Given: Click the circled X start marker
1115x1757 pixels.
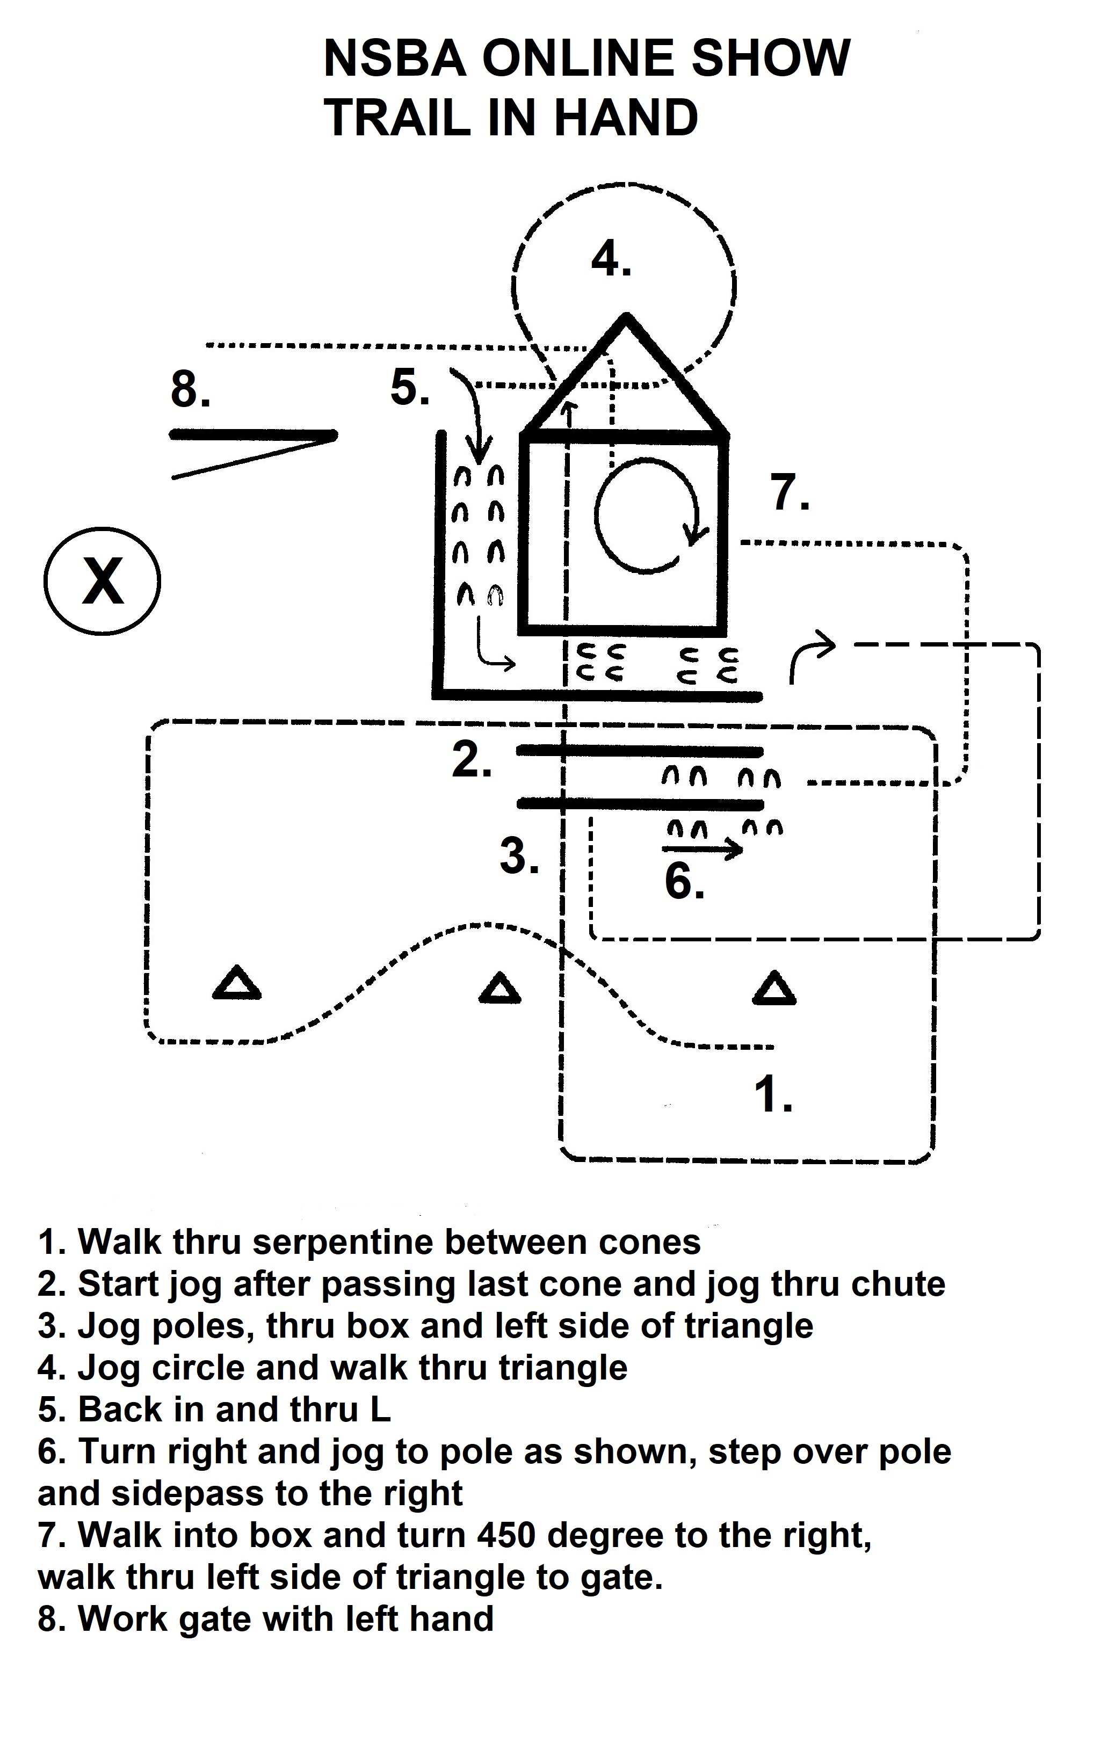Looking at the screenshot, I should (x=102, y=581).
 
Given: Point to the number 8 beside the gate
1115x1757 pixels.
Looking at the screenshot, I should (x=190, y=389).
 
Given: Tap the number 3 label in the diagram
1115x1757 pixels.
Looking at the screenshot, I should (x=519, y=855).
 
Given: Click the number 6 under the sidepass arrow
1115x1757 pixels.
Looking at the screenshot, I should (x=684, y=881).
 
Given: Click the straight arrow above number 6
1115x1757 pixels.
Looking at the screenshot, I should (x=702, y=848).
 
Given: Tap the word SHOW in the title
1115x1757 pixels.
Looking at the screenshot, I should (x=771, y=59).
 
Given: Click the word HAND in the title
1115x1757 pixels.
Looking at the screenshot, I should (x=625, y=118).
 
